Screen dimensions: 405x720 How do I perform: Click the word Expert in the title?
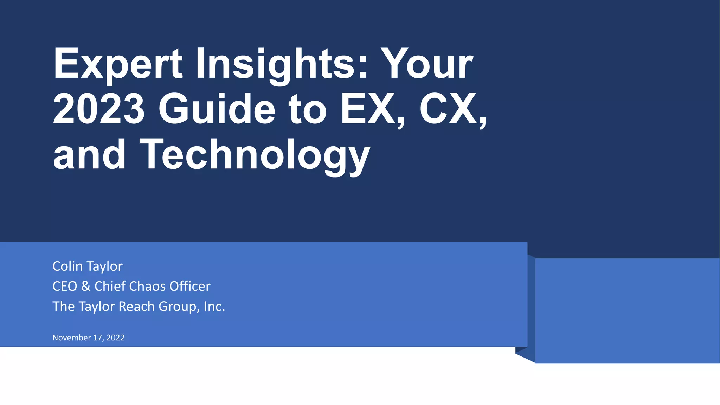coord(118,64)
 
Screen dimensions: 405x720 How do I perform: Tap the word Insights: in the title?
coord(282,64)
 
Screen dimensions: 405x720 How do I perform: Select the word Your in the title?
coord(427,64)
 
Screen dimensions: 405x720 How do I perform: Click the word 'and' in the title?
coord(89,155)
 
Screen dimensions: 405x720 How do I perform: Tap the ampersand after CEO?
coord(86,286)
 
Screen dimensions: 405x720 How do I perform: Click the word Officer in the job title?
coord(190,286)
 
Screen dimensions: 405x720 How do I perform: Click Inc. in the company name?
coord(214,307)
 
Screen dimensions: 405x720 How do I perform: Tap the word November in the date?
coord(72,337)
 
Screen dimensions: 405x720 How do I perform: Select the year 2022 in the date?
coord(115,337)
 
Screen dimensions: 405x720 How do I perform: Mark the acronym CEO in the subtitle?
coord(65,286)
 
